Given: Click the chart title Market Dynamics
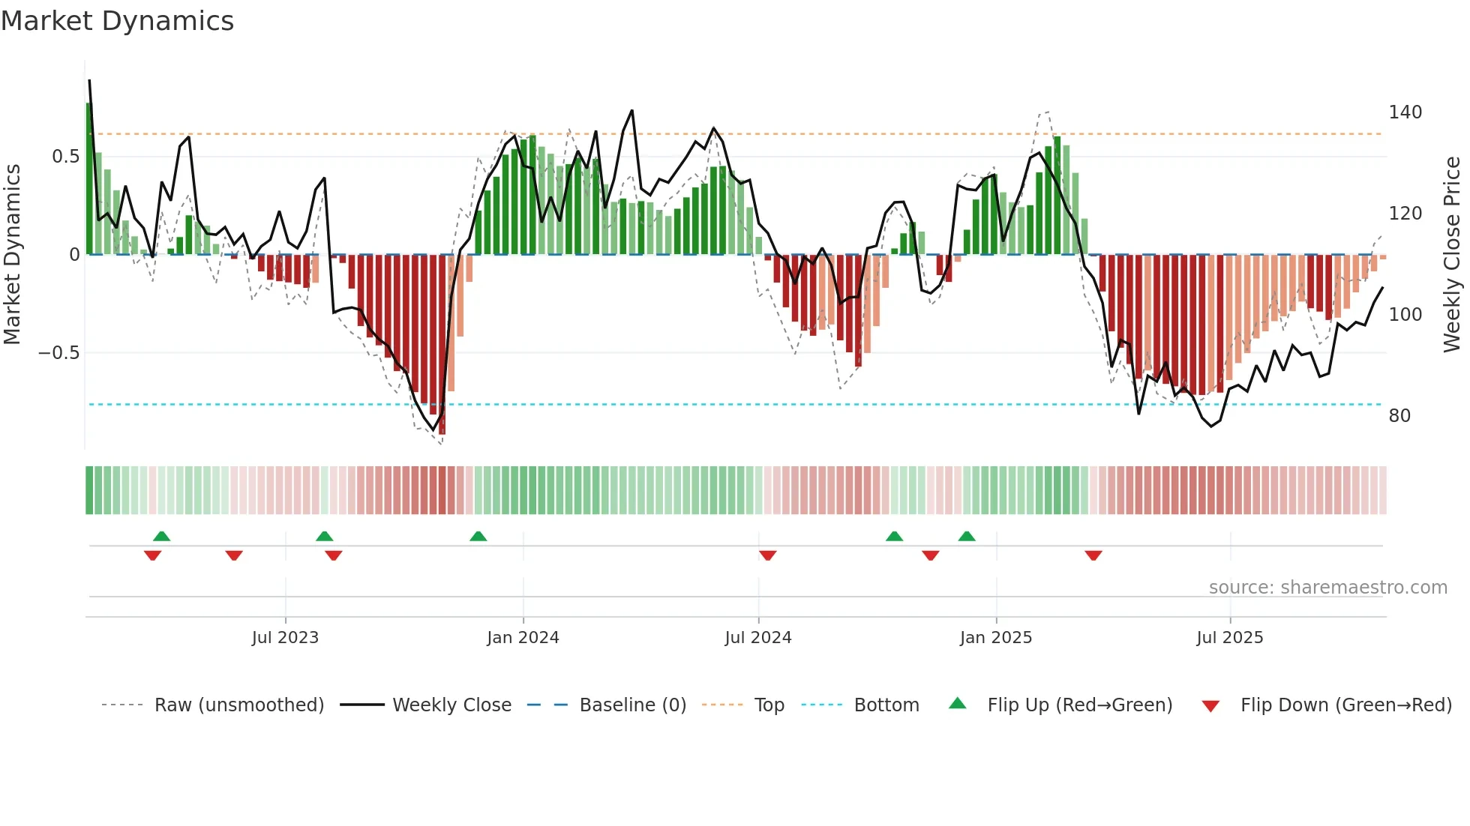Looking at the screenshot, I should pos(117,21).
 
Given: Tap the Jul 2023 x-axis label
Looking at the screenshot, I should pos(285,638).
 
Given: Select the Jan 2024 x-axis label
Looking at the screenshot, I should pos(523,638).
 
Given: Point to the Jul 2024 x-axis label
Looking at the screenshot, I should pos(758,638).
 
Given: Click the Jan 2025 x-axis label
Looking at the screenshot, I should pos(996,638).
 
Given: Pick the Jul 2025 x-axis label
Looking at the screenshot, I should pos(1230,638).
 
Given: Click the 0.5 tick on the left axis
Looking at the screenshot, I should pos(65,157).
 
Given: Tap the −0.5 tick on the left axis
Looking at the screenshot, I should pos(58,353).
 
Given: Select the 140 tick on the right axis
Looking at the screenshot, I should pos(1405,112).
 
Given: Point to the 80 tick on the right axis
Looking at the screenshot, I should pos(1399,416).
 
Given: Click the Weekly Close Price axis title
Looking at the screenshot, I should pos(1452,255).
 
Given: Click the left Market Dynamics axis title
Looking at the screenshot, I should pos(13,255).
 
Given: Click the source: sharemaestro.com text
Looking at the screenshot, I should pos(1327,588).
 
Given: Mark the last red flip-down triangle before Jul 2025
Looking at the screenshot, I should pos(1093,555).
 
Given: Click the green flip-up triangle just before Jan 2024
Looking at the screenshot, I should pos(478,536).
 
